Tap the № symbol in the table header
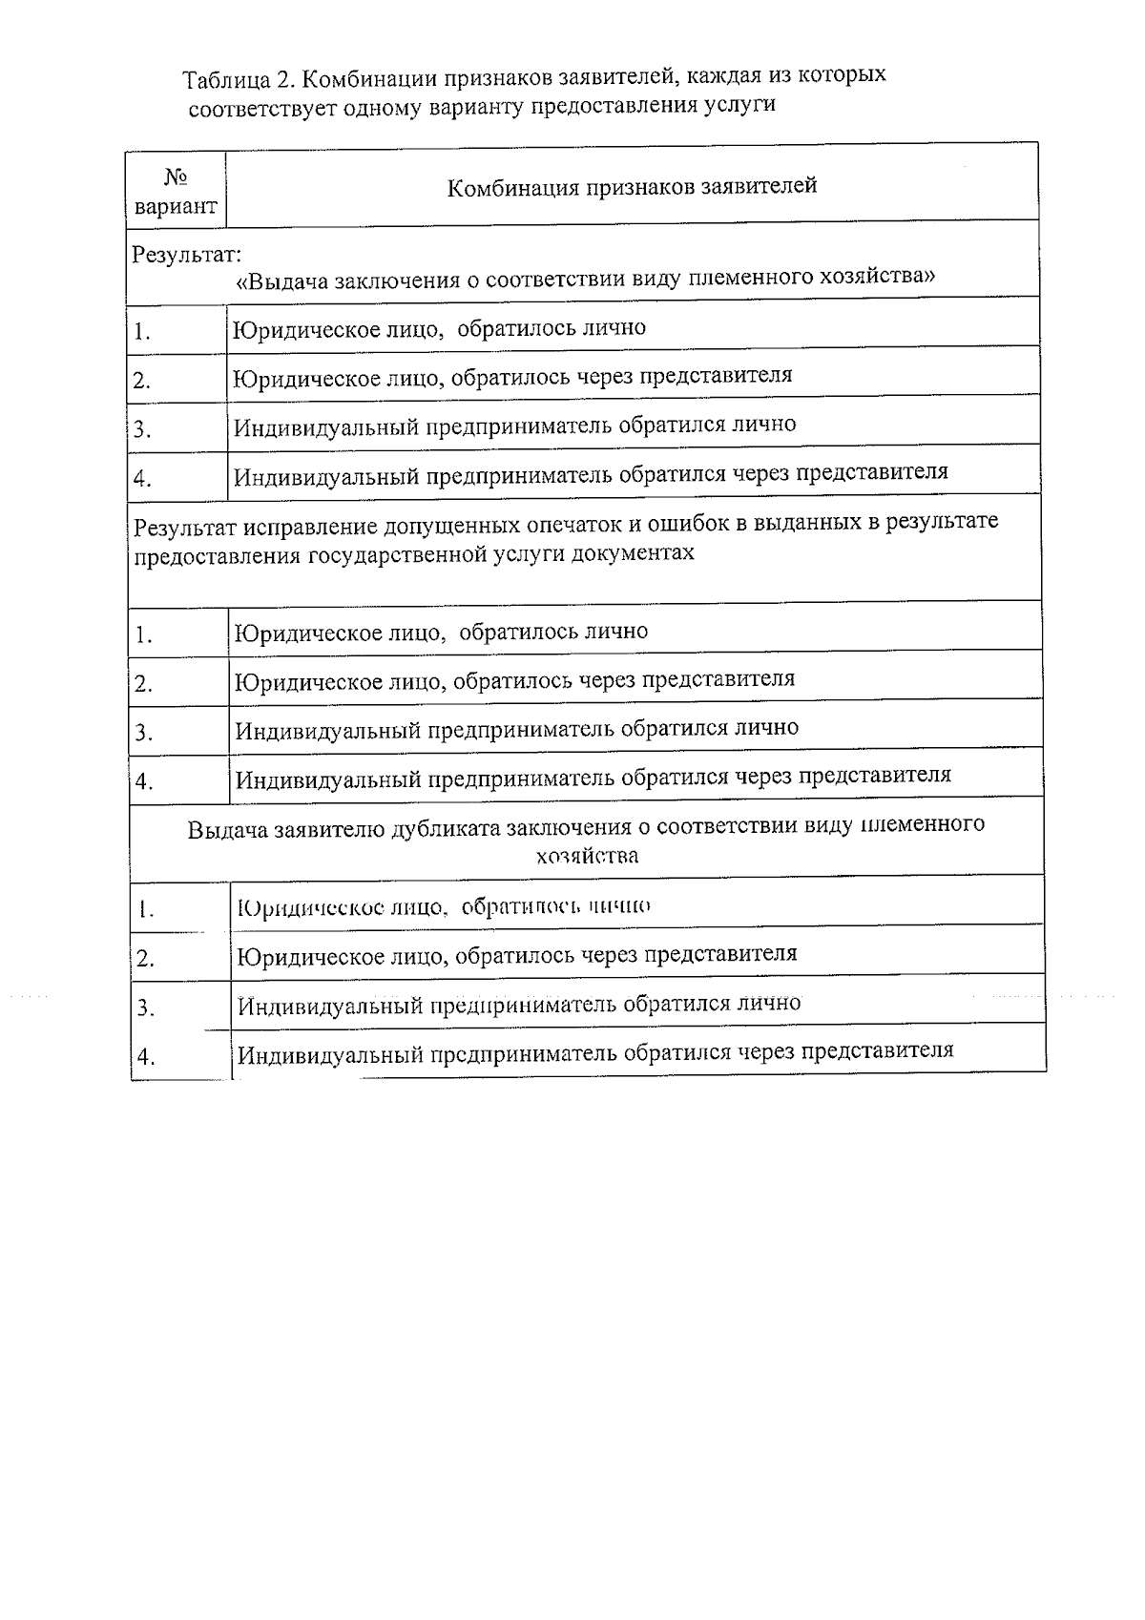tap(176, 177)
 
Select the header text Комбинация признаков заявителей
tap(632, 186)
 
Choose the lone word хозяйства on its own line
tap(587, 856)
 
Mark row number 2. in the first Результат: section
tap(142, 381)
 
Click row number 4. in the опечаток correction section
tap(144, 782)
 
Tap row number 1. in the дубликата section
tap(145, 910)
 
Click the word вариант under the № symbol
tap(176, 207)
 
